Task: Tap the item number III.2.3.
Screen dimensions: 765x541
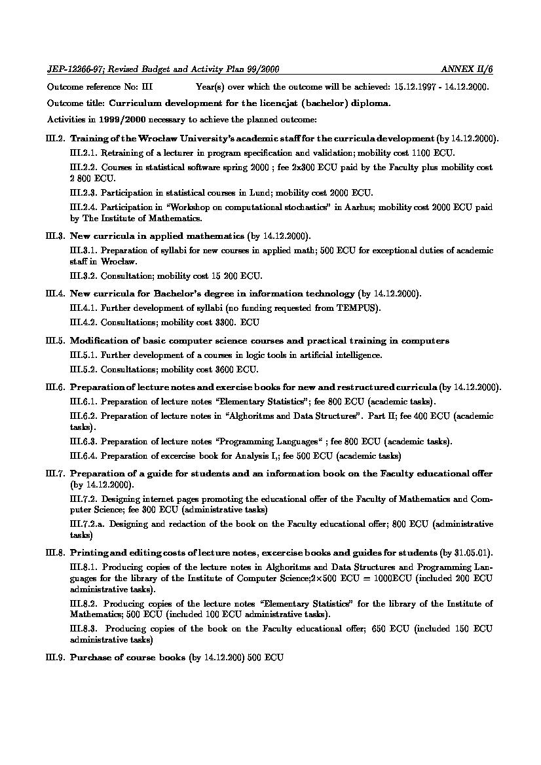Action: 83,192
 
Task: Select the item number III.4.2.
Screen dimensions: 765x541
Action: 83,323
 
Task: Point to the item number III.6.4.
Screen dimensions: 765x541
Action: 83,455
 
